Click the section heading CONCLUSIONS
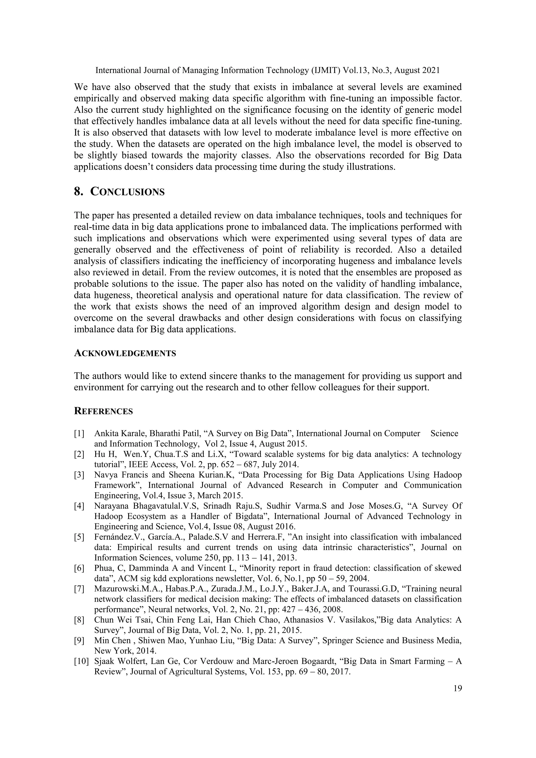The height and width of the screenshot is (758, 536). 127,192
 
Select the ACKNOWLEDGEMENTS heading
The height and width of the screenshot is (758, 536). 125,353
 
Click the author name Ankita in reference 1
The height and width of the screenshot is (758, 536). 105,433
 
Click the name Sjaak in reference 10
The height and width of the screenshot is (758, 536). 103,661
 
